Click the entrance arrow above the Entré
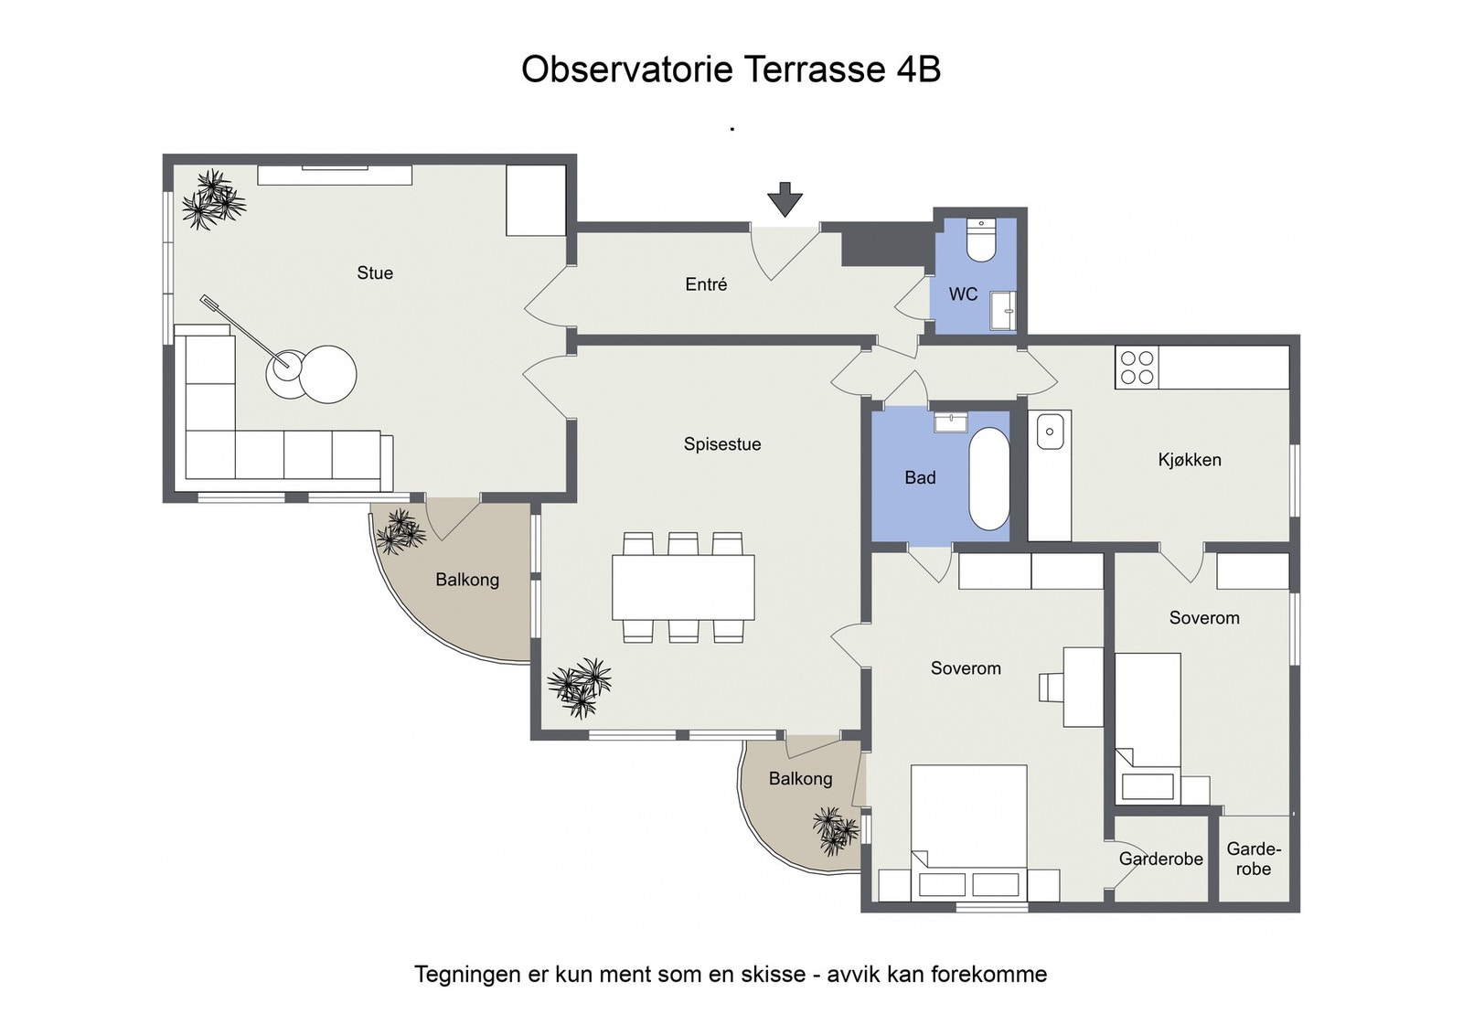(x=785, y=199)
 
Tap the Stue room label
(x=375, y=273)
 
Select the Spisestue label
(x=722, y=444)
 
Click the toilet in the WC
(x=979, y=240)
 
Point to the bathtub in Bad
(x=988, y=479)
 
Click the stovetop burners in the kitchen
(x=1137, y=368)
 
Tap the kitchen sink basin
(x=1050, y=432)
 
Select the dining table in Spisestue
(x=683, y=587)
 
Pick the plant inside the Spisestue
(x=580, y=687)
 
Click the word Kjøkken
(x=1190, y=461)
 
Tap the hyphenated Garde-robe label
(x=1254, y=859)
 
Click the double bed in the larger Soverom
(x=968, y=833)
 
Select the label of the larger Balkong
(x=467, y=580)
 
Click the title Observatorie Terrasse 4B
(x=731, y=69)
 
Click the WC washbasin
(x=1002, y=312)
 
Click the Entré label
(x=706, y=284)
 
